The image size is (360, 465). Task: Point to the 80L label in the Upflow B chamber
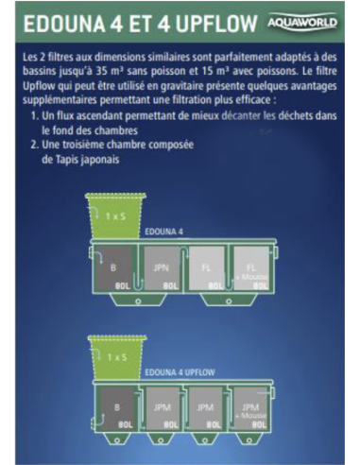[x=125, y=425]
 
